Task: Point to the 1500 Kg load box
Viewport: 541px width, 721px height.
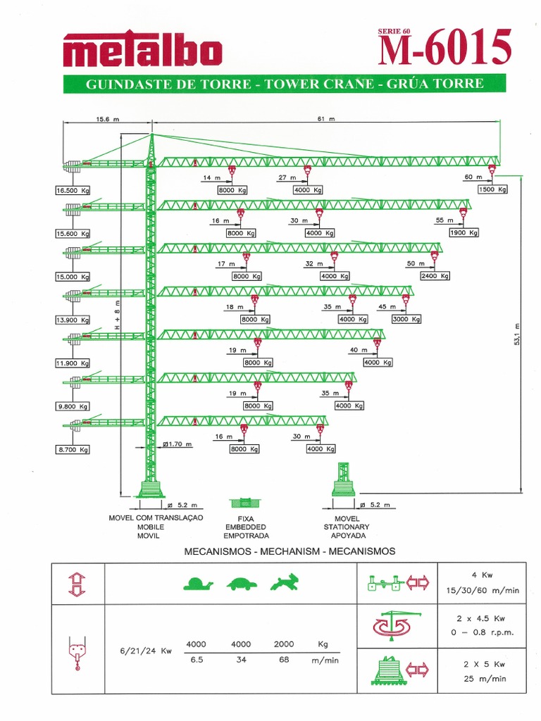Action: pyautogui.click(x=493, y=189)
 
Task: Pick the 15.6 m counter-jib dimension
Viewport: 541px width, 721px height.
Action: pyautogui.click(x=107, y=119)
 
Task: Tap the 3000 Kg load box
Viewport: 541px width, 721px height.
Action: pyautogui.click(x=406, y=319)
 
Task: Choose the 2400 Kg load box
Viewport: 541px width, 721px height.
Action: pyautogui.click(x=434, y=276)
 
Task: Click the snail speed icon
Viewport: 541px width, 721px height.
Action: pyautogui.click(x=198, y=584)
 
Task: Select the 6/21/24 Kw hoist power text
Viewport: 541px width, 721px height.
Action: pyautogui.click(x=147, y=651)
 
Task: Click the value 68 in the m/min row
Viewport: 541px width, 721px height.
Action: pyautogui.click(x=284, y=661)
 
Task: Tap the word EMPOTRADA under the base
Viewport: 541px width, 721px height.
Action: pyautogui.click(x=245, y=535)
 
